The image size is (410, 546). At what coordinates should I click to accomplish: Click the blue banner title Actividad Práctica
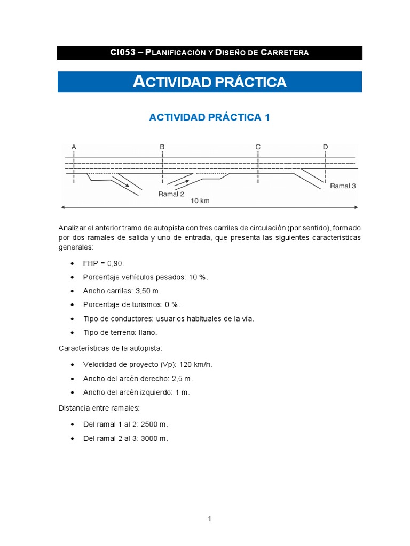tap(209, 82)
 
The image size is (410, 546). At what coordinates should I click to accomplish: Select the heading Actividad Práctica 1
tap(209, 117)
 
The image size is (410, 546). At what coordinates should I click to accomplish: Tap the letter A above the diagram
tap(74, 147)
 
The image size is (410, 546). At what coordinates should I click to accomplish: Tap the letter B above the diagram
tap(162, 147)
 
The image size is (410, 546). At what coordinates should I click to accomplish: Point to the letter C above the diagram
tap(258, 147)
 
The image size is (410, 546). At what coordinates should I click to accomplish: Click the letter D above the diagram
tap(325, 147)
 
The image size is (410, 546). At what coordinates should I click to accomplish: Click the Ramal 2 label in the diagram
tap(171, 194)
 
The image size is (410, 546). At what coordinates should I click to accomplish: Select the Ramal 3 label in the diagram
tap(342, 186)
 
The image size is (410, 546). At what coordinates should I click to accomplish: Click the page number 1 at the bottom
tap(210, 518)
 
